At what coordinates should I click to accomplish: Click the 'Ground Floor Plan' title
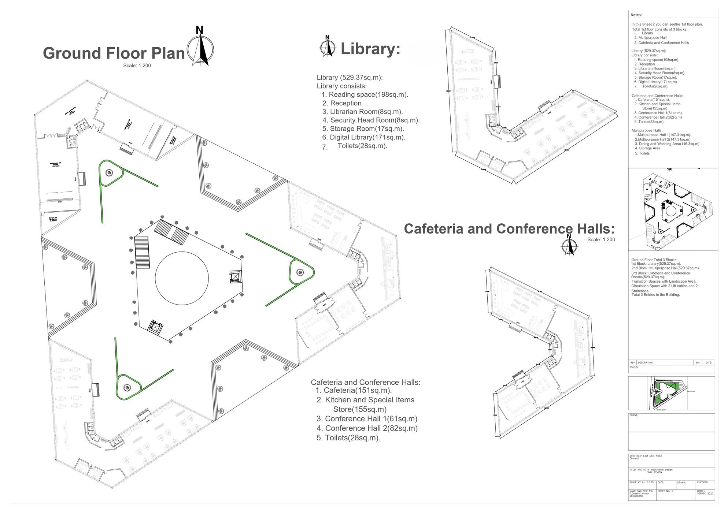(x=114, y=53)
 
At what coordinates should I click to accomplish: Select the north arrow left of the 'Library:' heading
(x=328, y=47)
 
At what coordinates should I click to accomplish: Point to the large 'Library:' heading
(x=370, y=49)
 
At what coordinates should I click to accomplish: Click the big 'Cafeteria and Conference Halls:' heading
(x=509, y=229)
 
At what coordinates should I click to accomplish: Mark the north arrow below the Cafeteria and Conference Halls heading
(x=569, y=245)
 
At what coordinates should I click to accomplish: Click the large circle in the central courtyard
(x=182, y=278)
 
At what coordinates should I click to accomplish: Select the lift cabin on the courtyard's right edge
(x=234, y=276)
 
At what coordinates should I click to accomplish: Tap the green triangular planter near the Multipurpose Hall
(x=109, y=173)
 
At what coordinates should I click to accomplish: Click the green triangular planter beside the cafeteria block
(x=300, y=272)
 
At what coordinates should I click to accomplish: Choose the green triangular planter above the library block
(x=127, y=387)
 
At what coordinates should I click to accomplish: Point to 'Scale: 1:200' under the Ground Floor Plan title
(x=137, y=66)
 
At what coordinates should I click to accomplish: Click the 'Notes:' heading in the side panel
(x=636, y=15)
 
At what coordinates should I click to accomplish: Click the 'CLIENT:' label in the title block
(x=634, y=416)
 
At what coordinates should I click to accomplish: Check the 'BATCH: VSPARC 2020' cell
(x=705, y=492)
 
